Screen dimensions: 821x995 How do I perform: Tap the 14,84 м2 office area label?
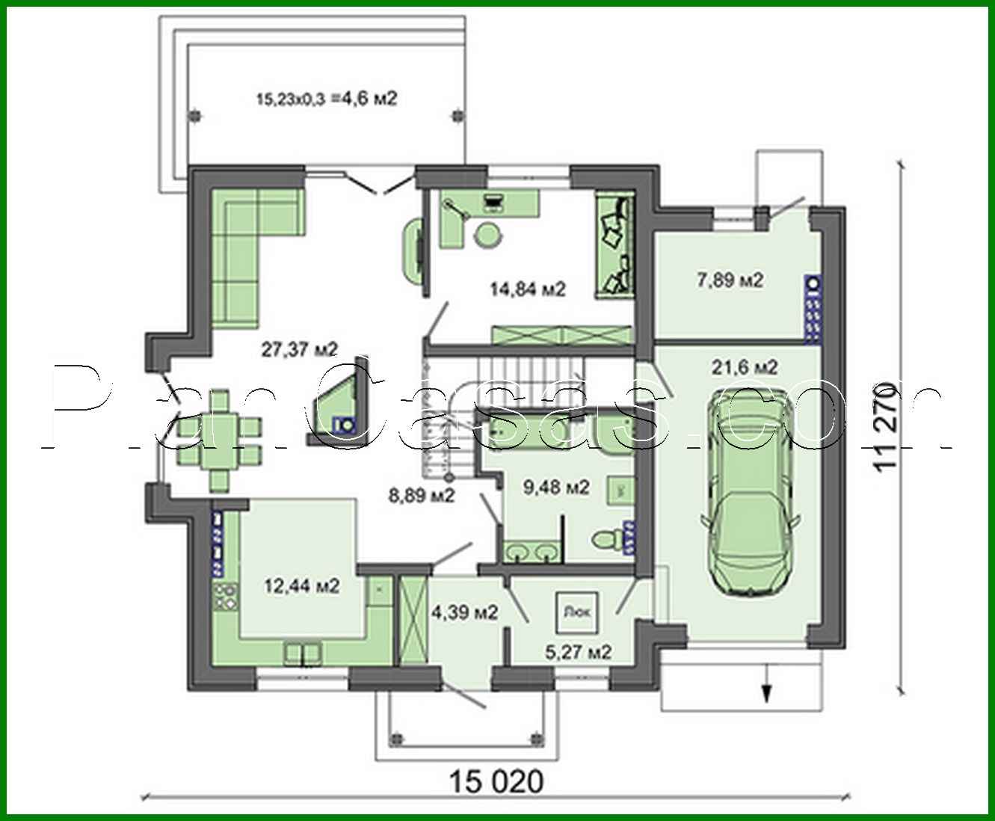coord(527,289)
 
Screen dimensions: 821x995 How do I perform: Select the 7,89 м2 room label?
coord(730,280)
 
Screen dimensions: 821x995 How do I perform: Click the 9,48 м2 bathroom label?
coord(556,488)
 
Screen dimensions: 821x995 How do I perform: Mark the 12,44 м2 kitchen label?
coord(302,585)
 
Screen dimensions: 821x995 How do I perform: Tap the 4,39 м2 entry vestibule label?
coord(464,613)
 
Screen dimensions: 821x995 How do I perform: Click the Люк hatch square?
coord(576,610)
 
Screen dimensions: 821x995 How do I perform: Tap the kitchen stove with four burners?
coord(225,597)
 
